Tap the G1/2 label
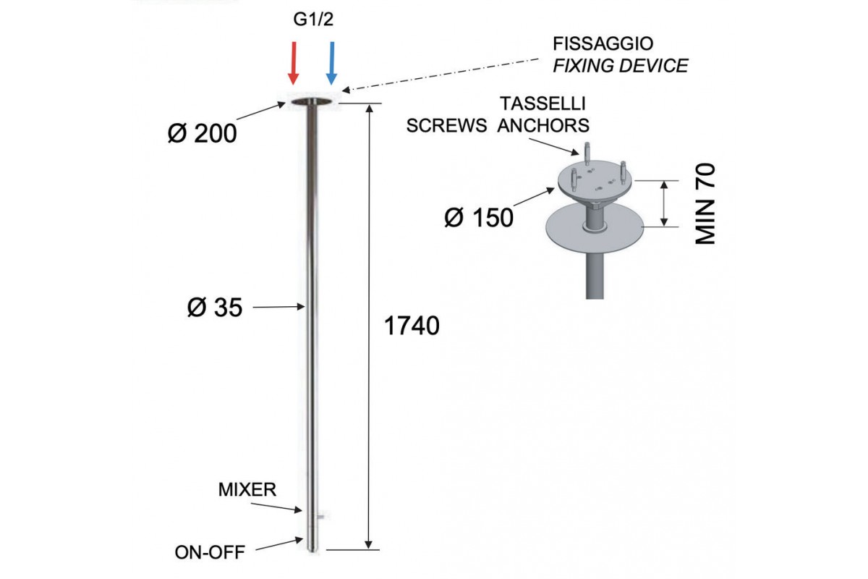point(312,19)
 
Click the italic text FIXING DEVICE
point(620,66)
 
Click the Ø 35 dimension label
point(214,308)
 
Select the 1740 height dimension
point(411,326)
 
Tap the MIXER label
point(247,490)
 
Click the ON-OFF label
point(210,552)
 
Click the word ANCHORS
point(544,125)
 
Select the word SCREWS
point(446,125)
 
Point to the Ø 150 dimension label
point(478,216)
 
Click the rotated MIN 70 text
point(705,204)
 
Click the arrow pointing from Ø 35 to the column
point(278,308)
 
